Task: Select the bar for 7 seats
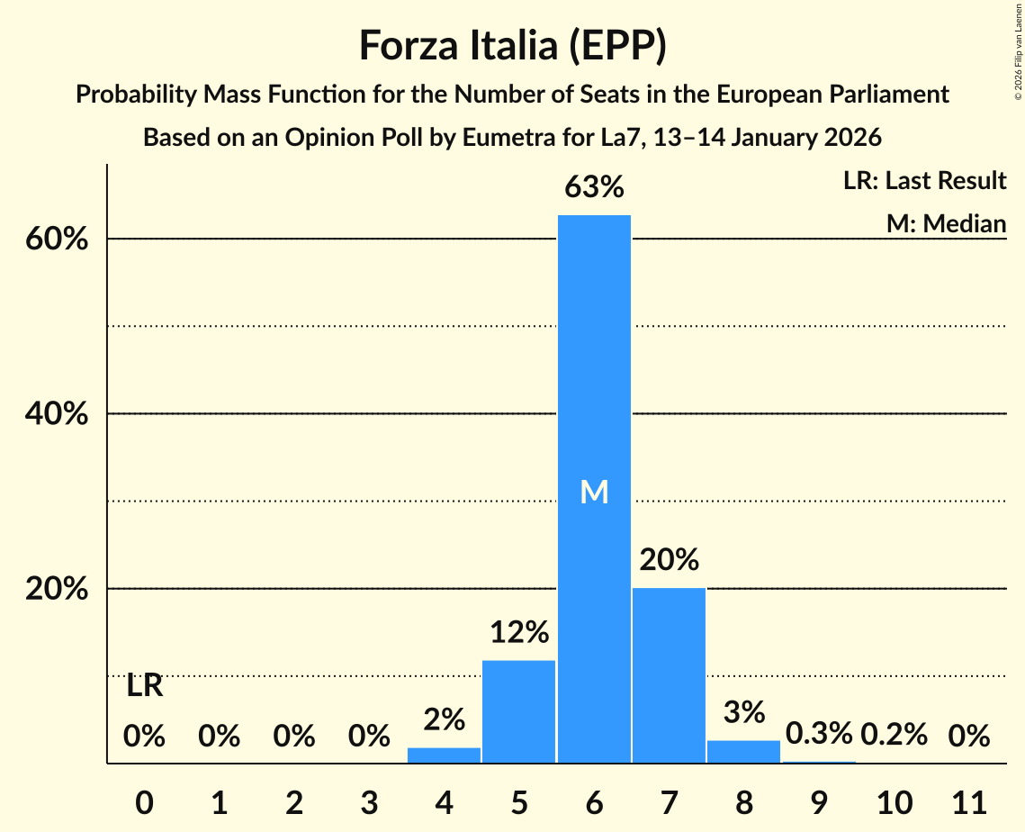(669, 675)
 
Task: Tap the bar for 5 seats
(519, 711)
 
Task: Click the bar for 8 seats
(743, 752)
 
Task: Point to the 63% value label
(594, 187)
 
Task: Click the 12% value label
(519, 632)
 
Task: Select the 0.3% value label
(818, 734)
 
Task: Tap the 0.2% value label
(894, 734)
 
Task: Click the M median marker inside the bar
(594, 492)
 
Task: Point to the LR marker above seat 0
(144, 686)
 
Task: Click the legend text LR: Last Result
(924, 181)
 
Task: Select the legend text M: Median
(946, 223)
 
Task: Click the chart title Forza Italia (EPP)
(512, 45)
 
